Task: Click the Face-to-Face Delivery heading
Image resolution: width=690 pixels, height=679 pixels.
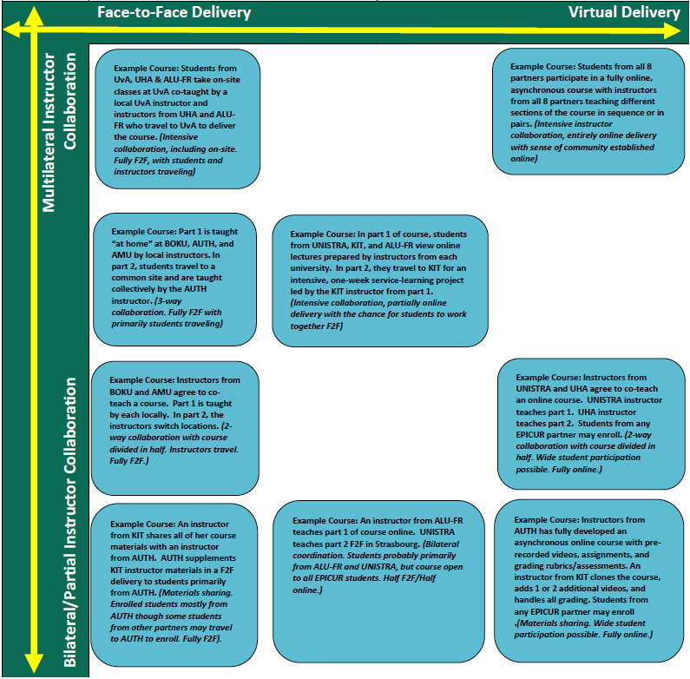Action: click(174, 12)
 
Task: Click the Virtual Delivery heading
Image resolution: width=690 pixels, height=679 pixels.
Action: click(624, 12)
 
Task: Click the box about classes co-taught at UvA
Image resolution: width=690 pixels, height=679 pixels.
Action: click(178, 119)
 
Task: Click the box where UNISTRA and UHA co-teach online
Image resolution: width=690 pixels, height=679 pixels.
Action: click(590, 423)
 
